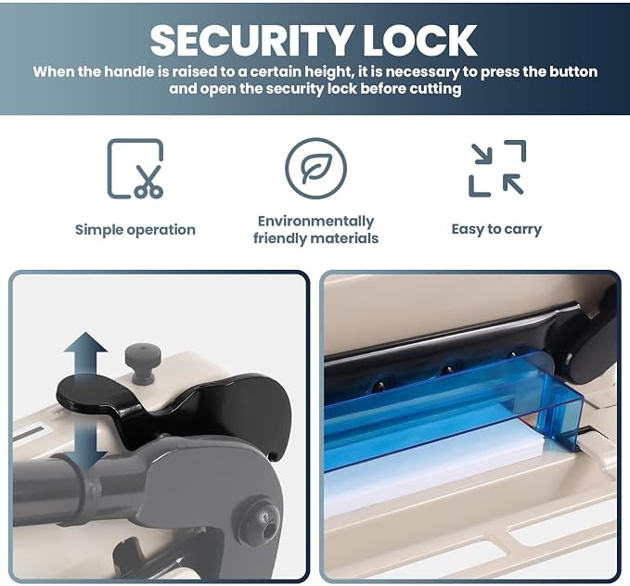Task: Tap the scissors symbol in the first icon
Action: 149,182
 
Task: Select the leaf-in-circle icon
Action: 315,168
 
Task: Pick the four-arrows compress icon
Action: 497,168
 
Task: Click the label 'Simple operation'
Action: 135,230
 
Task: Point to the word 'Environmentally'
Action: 315,222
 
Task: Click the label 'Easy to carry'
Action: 496,229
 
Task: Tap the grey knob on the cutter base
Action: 143,363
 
